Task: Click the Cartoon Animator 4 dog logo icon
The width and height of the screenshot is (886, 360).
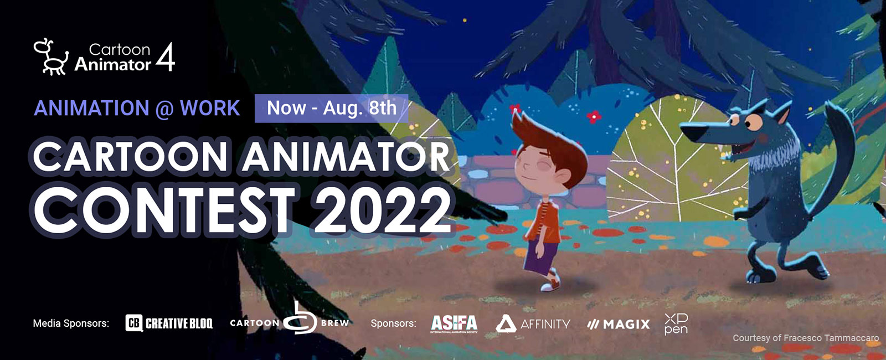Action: point(50,57)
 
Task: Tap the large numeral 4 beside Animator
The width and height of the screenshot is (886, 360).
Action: point(166,57)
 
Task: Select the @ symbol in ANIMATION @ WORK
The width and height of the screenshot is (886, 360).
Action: point(164,109)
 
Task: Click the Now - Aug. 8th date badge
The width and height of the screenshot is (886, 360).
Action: point(332,108)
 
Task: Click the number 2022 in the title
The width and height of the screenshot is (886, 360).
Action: point(383,210)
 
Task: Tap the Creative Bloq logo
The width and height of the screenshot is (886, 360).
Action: point(169,323)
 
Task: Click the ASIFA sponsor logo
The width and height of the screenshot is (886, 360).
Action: point(454,323)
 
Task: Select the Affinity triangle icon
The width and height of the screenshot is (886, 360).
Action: point(506,323)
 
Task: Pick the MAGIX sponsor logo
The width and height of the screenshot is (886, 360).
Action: point(619,325)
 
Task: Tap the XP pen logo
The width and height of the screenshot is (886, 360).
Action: point(676,324)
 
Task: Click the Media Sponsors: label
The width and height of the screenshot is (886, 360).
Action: point(71,323)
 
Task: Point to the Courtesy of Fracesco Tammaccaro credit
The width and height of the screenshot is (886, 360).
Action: point(806,338)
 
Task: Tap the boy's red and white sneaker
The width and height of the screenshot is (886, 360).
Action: point(551,282)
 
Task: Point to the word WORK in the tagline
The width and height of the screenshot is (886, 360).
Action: point(210,108)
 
